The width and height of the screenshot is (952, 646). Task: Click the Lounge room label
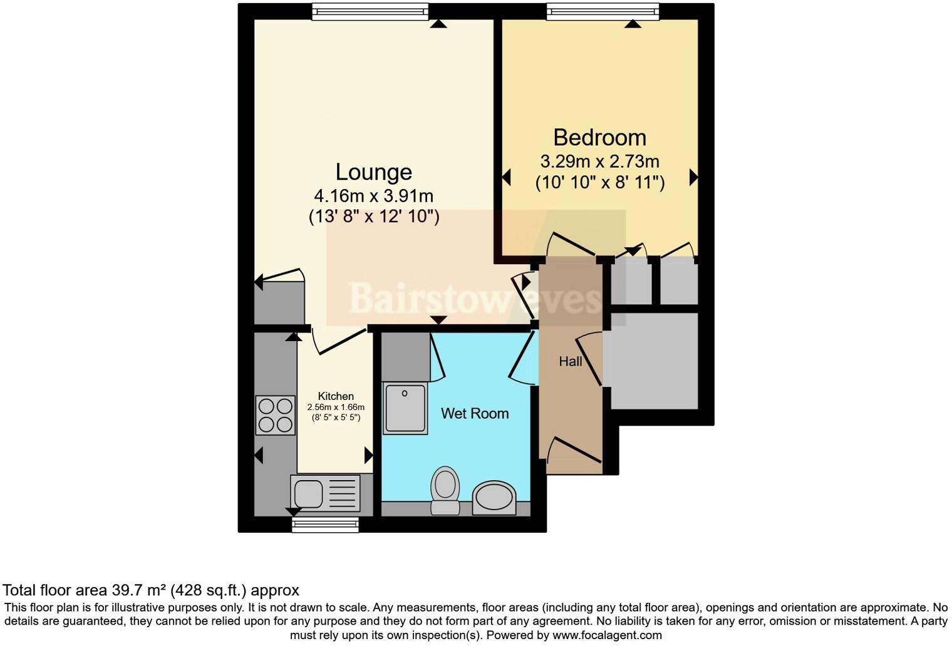[x=373, y=172]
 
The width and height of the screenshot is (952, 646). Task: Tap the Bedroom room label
[x=599, y=137]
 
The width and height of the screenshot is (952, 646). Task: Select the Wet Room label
[x=474, y=413]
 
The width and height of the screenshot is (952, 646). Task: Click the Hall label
[x=570, y=361]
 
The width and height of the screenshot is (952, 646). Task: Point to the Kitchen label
[x=336, y=396]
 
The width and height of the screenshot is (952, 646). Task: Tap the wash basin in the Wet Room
[x=494, y=498]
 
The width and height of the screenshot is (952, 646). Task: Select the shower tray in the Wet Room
[x=406, y=408]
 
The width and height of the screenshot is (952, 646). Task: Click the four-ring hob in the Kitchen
[x=276, y=414]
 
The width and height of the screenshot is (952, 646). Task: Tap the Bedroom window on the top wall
[x=603, y=11]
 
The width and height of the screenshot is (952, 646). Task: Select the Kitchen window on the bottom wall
[x=325, y=525]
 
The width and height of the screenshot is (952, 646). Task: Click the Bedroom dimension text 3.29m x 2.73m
[x=599, y=161]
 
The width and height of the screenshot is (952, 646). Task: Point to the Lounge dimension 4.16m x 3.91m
[x=373, y=196]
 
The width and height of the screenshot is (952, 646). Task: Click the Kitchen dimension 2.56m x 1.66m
[x=336, y=407]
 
